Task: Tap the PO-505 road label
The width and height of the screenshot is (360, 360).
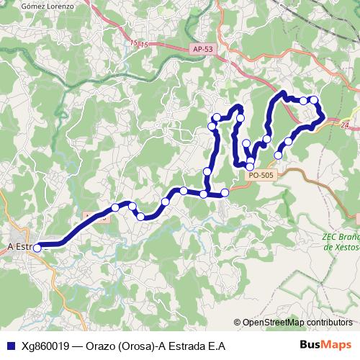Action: (259, 174)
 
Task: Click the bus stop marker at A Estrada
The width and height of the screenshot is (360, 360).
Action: (37, 248)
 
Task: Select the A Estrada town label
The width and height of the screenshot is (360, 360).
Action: (20, 246)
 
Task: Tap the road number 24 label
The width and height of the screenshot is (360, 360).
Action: (345, 125)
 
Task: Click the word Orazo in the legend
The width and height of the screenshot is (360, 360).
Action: (101, 345)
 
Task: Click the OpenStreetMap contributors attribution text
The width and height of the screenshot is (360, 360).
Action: (295, 322)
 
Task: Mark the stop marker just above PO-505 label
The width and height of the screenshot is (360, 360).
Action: (250, 166)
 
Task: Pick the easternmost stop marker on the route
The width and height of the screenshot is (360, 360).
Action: (315, 100)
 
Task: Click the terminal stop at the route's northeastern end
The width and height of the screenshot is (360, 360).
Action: (279, 154)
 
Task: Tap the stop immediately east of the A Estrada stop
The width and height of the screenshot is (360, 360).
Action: (114, 208)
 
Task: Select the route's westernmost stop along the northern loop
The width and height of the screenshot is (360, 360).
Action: (212, 127)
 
